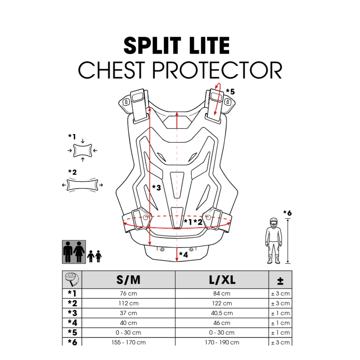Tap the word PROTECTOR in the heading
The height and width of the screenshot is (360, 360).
click(x=217, y=70)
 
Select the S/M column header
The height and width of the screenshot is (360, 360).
click(x=128, y=280)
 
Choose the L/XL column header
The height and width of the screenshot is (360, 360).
click(x=222, y=280)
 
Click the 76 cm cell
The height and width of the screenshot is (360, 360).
click(x=128, y=293)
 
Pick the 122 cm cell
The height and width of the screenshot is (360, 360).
click(x=222, y=303)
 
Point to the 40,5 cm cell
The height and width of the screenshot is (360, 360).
click(x=222, y=313)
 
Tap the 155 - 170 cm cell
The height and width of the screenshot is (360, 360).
click(x=128, y=342)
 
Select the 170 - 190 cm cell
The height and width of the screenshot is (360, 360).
click(x=222, y=342)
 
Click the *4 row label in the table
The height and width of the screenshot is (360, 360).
click(x=72, y=323)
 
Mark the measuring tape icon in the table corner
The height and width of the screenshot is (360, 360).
click(x=72, y=279)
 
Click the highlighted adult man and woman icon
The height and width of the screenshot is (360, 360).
click(x=74, y=252)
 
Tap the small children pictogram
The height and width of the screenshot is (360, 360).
click(x=94, y=256)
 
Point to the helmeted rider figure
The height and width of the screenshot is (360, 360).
click(x=274, y=241)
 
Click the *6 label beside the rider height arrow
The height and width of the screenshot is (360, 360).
click(x=287, y=213)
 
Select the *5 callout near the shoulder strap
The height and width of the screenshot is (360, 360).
click(x=230, y=92)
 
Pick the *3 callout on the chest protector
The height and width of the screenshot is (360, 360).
click(x=156, y=188)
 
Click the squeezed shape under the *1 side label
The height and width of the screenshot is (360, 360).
click(x=83, y=151)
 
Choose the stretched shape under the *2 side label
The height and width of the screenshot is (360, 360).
click(x=82, y=185)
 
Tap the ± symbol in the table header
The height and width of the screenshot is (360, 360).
click(x=280, y=280)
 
